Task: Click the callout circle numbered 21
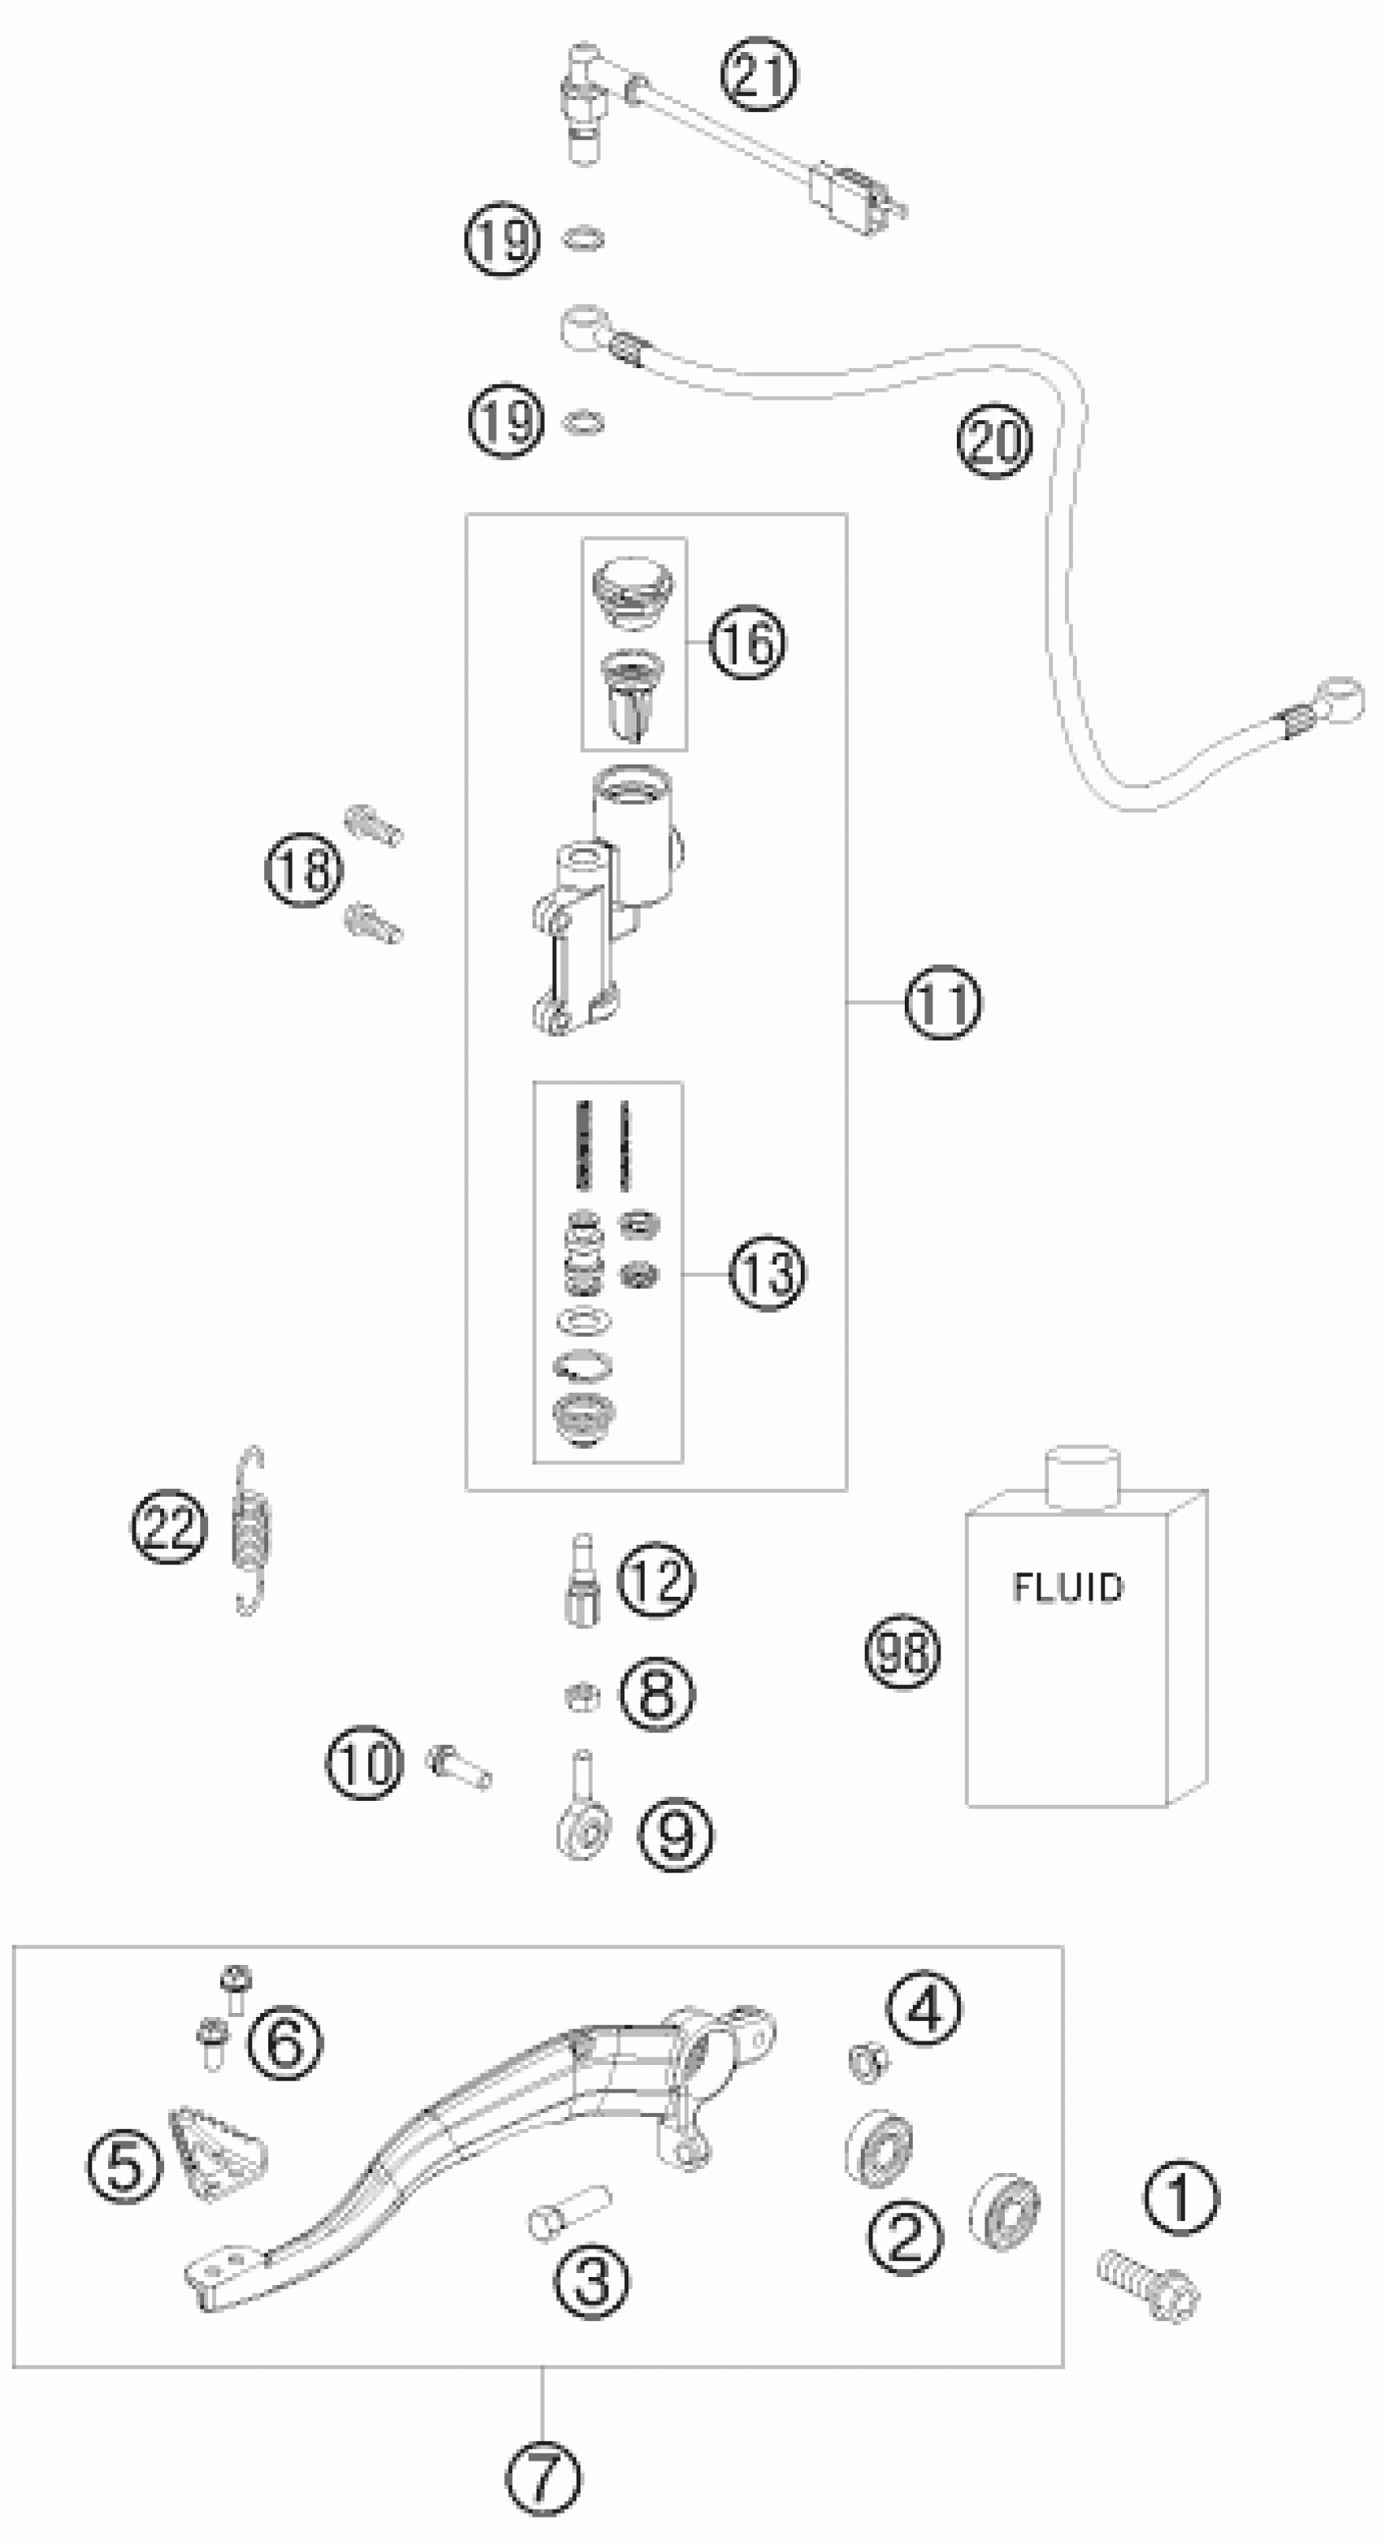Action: (x=758, y=75)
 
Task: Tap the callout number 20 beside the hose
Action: (x=994, y=440)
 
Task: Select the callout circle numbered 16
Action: (x=748, y=642)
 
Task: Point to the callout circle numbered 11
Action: (x=944, y=1003)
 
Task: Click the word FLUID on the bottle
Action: (x=1067, y=1587)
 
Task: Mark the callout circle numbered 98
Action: (x=902, y=1652)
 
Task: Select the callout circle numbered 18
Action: (x=304, y=870)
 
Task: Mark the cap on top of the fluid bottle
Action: (x=1082, y=1477)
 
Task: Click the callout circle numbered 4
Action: (x=924, y=2007)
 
